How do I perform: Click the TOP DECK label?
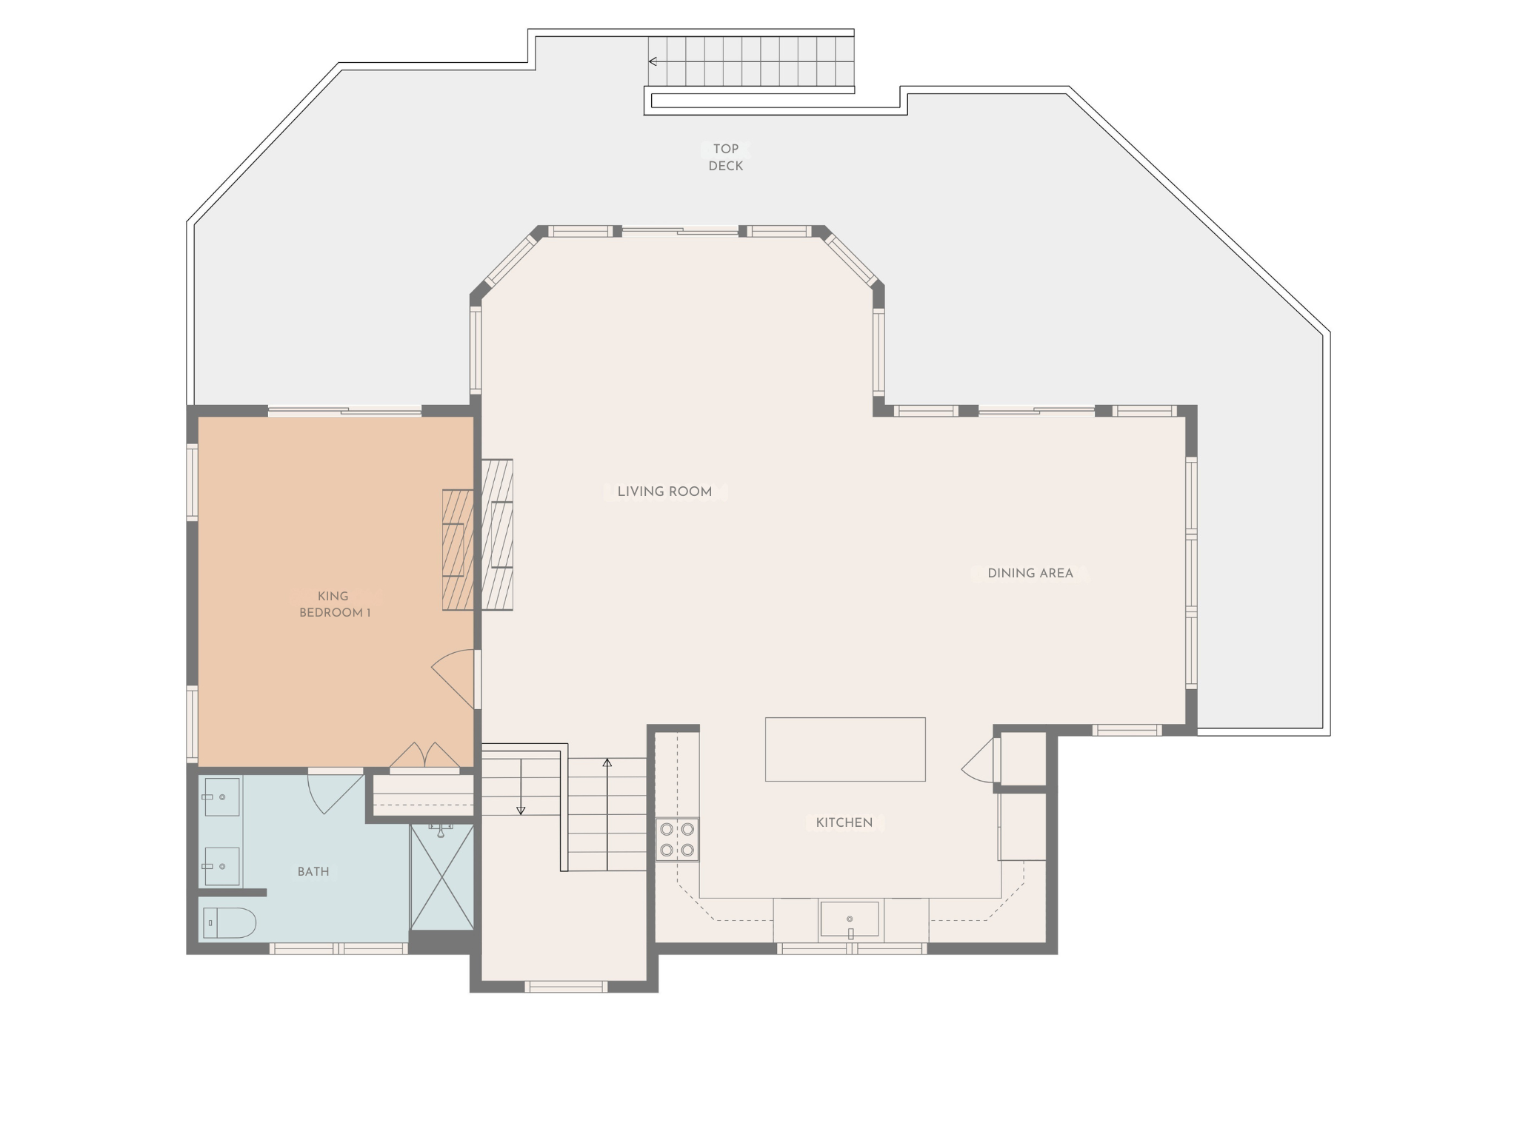[725, 157]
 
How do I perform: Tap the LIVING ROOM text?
[664, 492]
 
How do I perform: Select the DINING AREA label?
[1030, 573]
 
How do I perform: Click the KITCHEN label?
[844, 822]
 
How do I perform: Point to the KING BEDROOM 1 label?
[333, 604]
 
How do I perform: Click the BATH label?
[313, 871]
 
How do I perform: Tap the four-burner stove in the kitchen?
[677, 839]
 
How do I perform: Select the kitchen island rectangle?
[845, 749]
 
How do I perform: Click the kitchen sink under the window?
[849, 919]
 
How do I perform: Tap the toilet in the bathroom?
[228, 923]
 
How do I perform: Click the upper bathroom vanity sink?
[221, 796]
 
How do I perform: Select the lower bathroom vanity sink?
[221, 867]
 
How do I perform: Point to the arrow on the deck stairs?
[653, 61]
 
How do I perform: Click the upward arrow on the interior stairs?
[607, 764]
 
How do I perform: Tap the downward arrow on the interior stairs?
[521, 810]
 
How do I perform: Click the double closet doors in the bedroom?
[425, 756]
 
